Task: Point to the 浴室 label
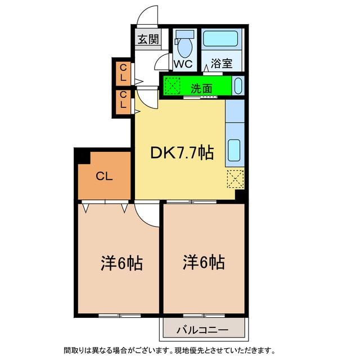[x=222, y=64]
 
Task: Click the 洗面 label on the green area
[x=201, y=88]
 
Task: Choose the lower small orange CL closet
[x=123, y=102]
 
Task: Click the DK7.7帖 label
[x=181, y=152]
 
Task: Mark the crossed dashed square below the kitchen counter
[x=235, y=179]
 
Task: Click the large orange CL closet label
[x=103, y=176]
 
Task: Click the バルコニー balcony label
[x=204, y=330]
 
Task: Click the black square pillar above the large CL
[x=82, y=154]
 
